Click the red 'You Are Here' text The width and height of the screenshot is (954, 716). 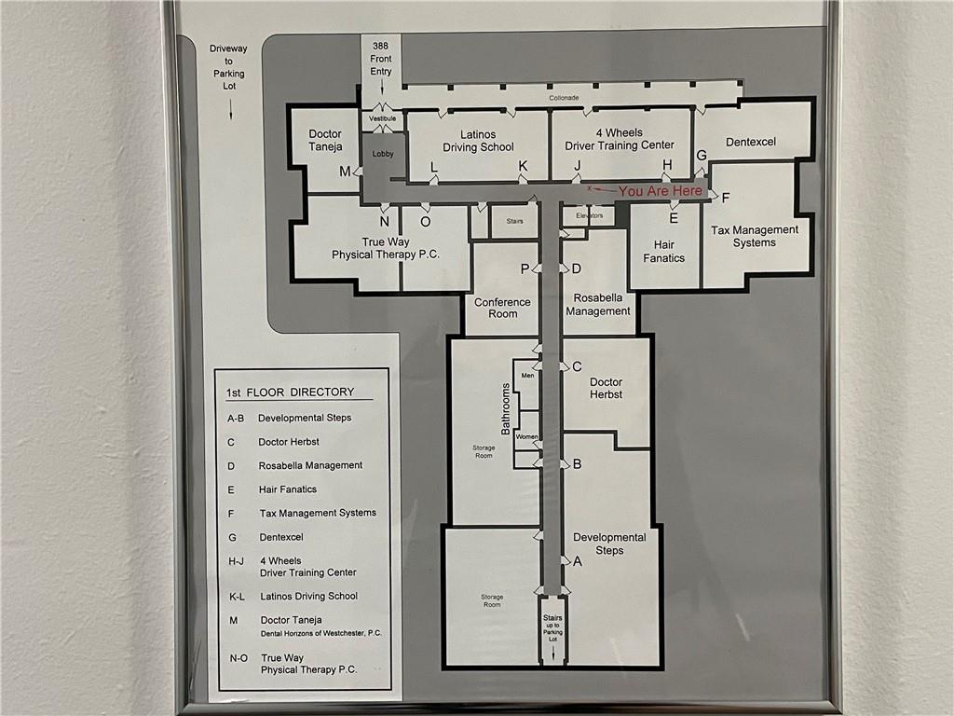click(x=661, y=191)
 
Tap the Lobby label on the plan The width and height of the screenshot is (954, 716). click(x=383, y=154)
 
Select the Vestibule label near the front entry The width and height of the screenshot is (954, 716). click(x=382, y=118)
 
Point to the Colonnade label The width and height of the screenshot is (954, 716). click(x=564, y=97)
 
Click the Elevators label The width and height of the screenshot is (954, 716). click(x=590, y=215)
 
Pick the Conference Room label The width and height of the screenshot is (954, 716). click(x=502, y=308)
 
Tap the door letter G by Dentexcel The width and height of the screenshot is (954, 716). click(x=702, y=156)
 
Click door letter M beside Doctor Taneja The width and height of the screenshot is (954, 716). click(x=345, y=172)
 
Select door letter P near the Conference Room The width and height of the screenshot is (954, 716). click(x=525, y=268)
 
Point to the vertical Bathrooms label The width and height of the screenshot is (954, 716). click(x=505, y=409)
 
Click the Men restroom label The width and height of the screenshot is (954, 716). click(x=527, y=376)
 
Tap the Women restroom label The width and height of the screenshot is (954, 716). click(x=526, y=436)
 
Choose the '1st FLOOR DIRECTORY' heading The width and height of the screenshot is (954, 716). click(x=291, y=392)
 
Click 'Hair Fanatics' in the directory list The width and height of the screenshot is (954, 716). click(x=288, y=489)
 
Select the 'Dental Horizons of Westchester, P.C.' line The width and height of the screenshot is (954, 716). click(x=321, y=633)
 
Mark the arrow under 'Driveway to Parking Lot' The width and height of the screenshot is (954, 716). click(x=231, y=108)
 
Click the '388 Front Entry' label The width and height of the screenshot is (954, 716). click(x=381, y=59)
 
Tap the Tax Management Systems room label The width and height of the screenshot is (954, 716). click(x=755, y=236)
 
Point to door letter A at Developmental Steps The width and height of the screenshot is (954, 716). click(x=578, y=561)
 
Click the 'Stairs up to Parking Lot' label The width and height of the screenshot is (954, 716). click(x=553, y=628)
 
